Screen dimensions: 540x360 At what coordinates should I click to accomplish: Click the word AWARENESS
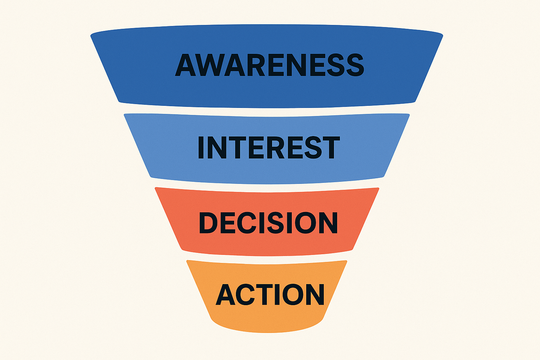[270, 65]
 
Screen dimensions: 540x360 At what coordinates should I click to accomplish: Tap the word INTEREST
[269, 147]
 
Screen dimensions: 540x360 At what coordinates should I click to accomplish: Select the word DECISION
[268, 223]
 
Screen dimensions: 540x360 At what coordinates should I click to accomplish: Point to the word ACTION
[270, 294]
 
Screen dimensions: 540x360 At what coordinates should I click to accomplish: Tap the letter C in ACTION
[246, 294]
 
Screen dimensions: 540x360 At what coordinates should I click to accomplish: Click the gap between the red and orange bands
[267, 258]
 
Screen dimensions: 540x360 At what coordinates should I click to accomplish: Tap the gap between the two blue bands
[267, 111]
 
